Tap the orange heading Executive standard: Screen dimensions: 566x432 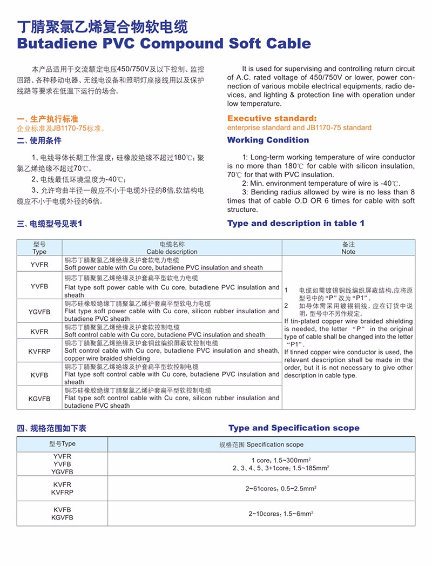(272, 118)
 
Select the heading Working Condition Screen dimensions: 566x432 (268, 140)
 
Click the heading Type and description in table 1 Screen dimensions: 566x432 (295, 223)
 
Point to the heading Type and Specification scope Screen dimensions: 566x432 (293, 428)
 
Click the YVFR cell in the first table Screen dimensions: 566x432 (39, 264)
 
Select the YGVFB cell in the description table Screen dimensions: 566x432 (39, 311)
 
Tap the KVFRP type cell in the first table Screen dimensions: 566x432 (39, 351)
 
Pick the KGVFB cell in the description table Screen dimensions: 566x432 (39, 398)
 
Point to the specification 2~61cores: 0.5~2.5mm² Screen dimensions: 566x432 (280, 488)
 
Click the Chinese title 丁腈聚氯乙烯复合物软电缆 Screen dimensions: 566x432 (103, 25)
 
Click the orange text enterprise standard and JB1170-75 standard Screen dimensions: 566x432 (299, 128)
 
